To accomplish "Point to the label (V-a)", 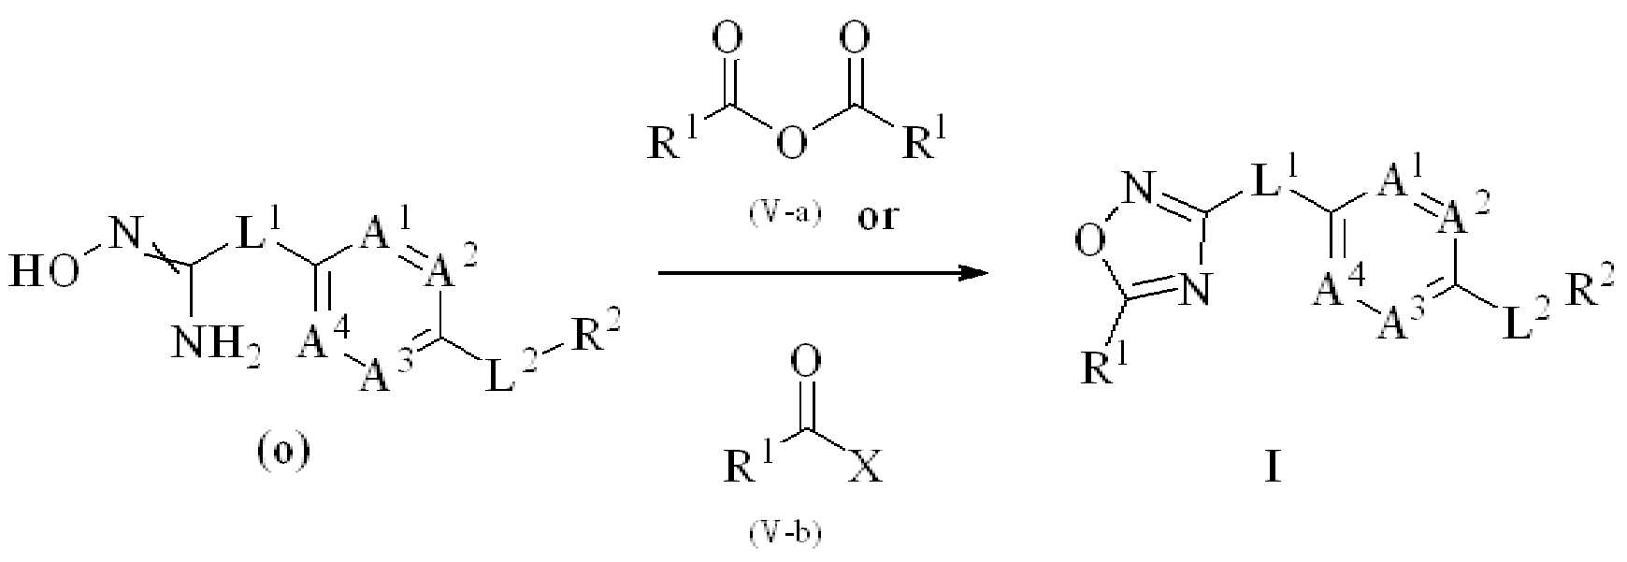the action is (x=784, y=214).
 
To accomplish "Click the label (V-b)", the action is (x=784, y=535).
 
